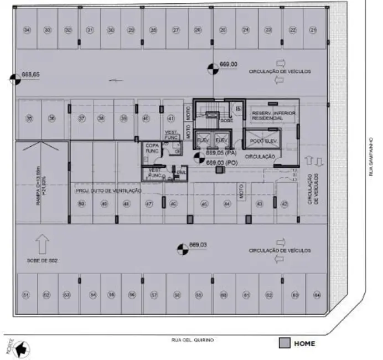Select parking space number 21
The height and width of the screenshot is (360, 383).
tap(314, 30)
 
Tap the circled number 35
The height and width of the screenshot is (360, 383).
tap(30, 118)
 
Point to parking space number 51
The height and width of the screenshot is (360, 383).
tap(26, 295)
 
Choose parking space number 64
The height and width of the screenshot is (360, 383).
tap(317, 295)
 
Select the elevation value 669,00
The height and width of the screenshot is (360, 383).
tap(229, 64)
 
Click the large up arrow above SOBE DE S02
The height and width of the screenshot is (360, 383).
tap(42, 244)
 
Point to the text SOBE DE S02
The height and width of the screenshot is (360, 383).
tap(42, 259)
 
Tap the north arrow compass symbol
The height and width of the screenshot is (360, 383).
tap(22, 349)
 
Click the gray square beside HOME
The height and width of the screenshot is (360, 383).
tap(284, 343)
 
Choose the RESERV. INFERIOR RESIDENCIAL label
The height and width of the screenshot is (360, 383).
tap(273, 115)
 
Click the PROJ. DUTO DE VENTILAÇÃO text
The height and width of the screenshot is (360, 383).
tap(108, 191)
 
